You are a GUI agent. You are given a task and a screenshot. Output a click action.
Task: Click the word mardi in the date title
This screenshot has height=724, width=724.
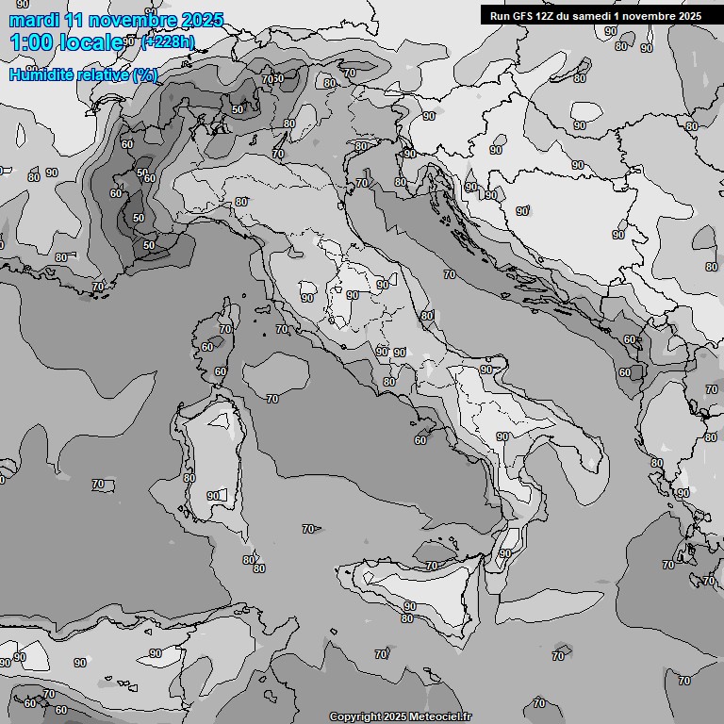point(34,20)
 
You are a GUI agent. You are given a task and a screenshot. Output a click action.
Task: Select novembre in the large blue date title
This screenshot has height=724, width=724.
point(134,20)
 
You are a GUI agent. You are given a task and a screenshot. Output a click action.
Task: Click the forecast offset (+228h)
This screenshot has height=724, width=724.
point(168,42)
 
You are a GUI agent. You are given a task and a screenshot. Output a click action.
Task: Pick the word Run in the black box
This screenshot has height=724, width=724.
point(500,16)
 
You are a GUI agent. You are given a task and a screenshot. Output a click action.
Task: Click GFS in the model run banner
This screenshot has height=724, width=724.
point(523,16)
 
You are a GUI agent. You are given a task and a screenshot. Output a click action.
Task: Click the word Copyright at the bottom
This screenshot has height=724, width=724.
point(354,716)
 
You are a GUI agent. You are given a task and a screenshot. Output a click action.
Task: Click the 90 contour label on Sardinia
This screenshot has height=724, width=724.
point(213,496)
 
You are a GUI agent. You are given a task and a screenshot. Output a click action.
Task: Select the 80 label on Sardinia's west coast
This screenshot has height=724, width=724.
point(189,478)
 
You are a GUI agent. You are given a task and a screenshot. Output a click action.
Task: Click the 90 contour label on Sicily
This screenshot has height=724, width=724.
point(410,606)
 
